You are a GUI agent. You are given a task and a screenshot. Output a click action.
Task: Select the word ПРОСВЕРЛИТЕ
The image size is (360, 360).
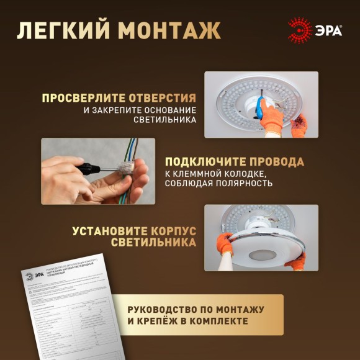click(x=83, y=98)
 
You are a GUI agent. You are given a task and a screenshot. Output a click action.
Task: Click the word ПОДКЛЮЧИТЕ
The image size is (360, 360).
click(x=200, y=161)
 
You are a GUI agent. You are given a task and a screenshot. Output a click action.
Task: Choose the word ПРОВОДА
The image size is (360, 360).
click(x=277, y=161)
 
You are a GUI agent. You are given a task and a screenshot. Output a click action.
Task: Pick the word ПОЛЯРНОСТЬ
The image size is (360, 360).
click(x=245, y=184)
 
